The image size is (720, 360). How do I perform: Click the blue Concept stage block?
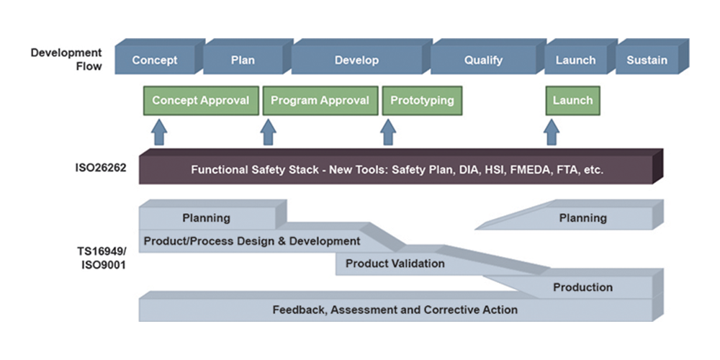pyautogui.click(x=155, y=60)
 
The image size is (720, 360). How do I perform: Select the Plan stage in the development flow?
pyautogui.click(x=243, y=60)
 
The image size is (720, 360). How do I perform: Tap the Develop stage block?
pyautogui.click(x=356, y=60)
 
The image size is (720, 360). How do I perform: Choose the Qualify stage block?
pyautogui.click(x=483, y=60)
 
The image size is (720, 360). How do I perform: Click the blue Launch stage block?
pyautogui.click(x=575, y=60)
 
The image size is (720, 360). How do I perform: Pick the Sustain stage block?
pyautogui.click(x=647, y=60)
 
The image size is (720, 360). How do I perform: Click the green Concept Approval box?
pyautogui.click(x=200, y=101)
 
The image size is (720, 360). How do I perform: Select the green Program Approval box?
pyautogui.click(x=320, y=101)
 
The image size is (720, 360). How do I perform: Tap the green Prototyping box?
pyautogui.click(x=422, y=101)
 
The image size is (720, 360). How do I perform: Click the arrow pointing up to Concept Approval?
pyautogui.click(x=159, y=132)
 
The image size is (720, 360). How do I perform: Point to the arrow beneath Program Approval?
pyautogui.click(x=269, y=132)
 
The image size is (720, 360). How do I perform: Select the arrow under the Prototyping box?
pyautogui.click(x=388, y=132)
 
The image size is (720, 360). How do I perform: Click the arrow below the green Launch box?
pyautogui.click(x=552, y=132)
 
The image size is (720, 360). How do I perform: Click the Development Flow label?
pyautogui.click(x=66, y=60)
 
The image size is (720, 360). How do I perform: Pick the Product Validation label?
pyautogui.click(x=395, y=264)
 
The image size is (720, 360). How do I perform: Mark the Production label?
pyautogui.click(x=582, y=287)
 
